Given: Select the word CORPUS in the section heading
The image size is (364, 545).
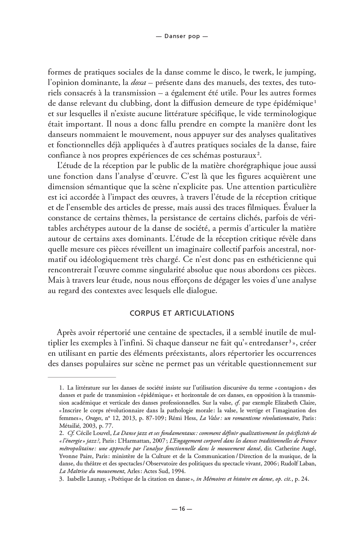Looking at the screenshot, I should click(x=144, y=313).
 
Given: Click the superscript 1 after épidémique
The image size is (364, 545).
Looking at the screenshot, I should click(x=315, y=102).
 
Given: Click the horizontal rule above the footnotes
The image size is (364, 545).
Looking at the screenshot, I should click(x=82, y=377).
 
